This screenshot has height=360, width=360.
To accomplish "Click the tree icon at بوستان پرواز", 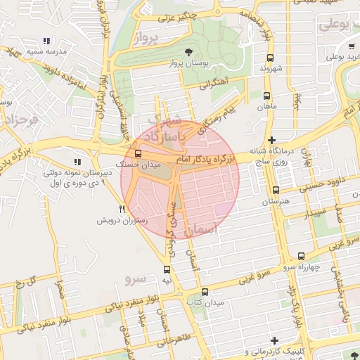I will click(188, 52).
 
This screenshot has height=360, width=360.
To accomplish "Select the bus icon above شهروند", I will click(270, 58).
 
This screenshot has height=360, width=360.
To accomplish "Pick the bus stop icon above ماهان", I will click(266, 96).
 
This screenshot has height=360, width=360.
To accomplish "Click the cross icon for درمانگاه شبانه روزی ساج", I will click(272, 141).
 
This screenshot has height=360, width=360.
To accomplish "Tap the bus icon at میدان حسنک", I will click(137, 153).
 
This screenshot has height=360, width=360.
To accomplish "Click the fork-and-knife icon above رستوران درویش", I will click(122, 209).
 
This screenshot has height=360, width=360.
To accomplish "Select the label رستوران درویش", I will click(121, 220).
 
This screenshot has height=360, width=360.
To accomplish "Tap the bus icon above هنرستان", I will click(275, 190).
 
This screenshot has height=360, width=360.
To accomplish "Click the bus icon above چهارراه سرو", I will click(302, 256).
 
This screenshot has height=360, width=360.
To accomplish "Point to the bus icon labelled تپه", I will click(167, 269).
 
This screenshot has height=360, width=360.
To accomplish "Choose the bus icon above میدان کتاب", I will click(205, 292).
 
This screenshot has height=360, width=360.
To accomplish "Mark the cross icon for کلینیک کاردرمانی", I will click(272, 340).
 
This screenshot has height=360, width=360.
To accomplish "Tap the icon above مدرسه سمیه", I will click(47, 41).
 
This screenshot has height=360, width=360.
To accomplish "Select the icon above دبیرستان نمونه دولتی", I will click(77, 162).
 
